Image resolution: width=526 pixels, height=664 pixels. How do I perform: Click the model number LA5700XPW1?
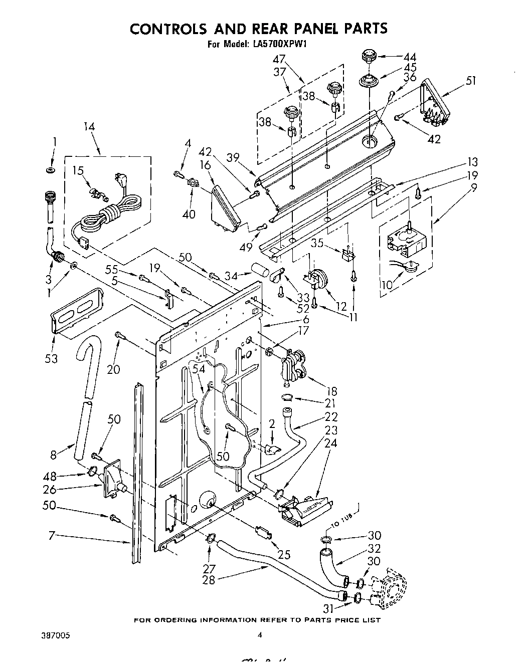click(x=277, y=44)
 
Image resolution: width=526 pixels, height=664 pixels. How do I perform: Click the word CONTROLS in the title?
click(x=172, y=28)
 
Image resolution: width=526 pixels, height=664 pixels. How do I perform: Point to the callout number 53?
click(x=51, y=358)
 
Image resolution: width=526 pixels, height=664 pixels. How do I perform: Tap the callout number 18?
click(x=331, y=391)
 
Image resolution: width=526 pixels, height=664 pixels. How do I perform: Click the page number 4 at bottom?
click(x=260, y=635)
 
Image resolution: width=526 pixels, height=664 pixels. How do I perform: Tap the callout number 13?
click(x=472, y=162)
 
